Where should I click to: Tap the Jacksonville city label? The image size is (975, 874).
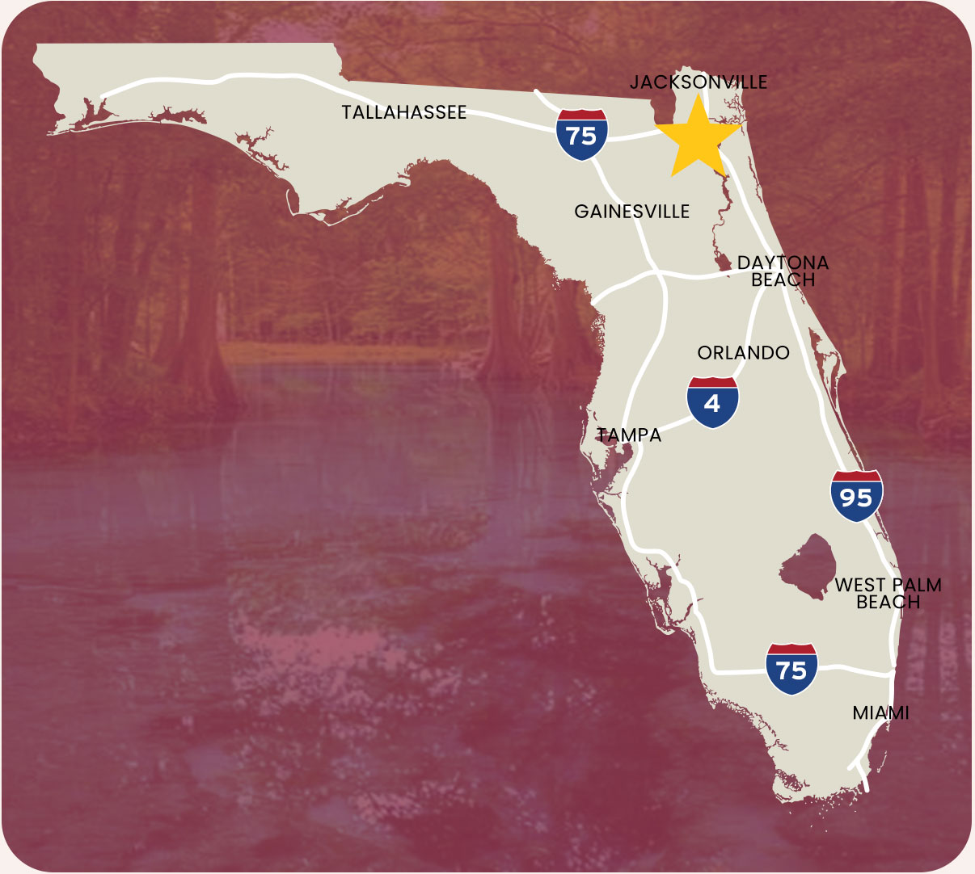(x=699, y=82)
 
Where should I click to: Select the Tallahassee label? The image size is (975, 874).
(x=404, y=112)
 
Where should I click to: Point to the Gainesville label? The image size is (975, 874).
(x=632, y=212)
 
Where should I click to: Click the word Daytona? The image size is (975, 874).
(x=783, y=263)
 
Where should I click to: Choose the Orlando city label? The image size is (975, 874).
(x=743, y=353)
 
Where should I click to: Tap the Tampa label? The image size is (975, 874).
(x=630, y=435)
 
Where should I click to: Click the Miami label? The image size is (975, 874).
(x=880, y=713)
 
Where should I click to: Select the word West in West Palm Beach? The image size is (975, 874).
(x=860, y=585)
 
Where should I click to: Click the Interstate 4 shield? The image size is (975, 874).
(x=712, y=401)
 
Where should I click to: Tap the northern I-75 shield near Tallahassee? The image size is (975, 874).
(x=581, y=134)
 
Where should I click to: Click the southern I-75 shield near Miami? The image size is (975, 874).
(x=791, y=669)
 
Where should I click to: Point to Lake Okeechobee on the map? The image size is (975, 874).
(x=808, y=566)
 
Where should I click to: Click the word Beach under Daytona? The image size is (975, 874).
(x=783, y=279)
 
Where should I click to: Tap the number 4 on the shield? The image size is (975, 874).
(x=712, y=404)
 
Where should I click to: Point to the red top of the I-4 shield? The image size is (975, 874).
(x=712, y=383)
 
